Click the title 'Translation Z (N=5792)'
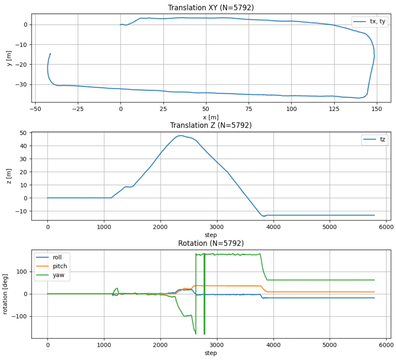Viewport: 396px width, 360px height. pyautogui.click(x=210, y=125)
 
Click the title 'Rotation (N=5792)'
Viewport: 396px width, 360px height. pyautogui.click(x=210, y=243)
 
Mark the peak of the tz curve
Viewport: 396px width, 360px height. pyautogui.click(x=181, y=136)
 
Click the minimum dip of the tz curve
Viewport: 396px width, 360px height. pyautogui.click(x=263, y=216)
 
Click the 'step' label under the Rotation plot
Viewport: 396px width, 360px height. pyautogui.click(x=210, y=353)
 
